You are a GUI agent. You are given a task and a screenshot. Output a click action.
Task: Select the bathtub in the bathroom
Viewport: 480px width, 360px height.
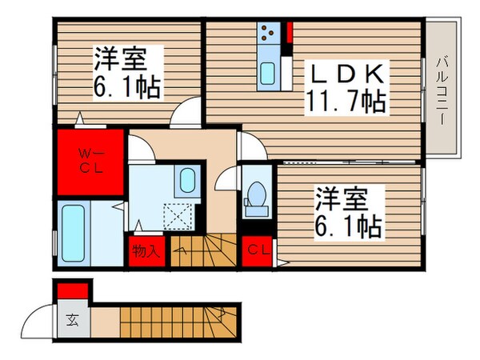[73, 233]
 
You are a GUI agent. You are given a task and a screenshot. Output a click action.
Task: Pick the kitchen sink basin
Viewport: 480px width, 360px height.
[268, 74]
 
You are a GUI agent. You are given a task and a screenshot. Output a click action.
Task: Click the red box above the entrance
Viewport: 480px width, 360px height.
[71, 289]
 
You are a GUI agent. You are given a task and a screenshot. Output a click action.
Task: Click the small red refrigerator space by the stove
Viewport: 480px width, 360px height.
[289, 34]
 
